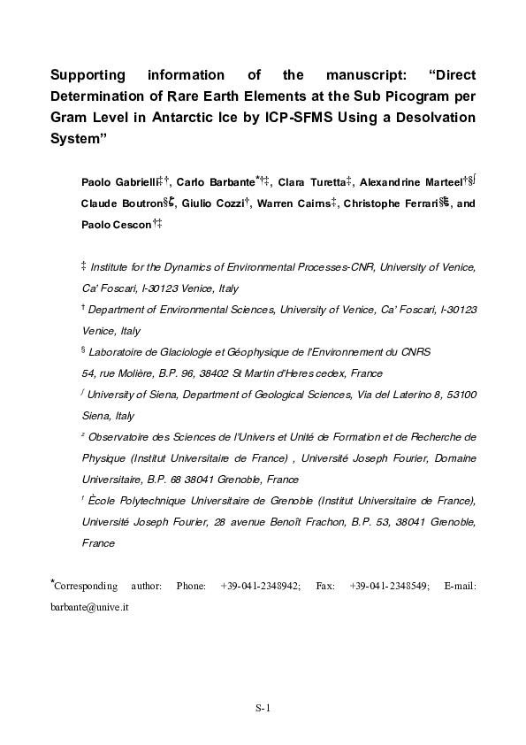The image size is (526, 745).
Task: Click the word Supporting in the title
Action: click(x=87, y=75)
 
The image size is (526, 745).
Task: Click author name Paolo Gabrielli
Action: click(x=118, y=182)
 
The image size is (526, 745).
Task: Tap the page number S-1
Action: click(x=263, y=708)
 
